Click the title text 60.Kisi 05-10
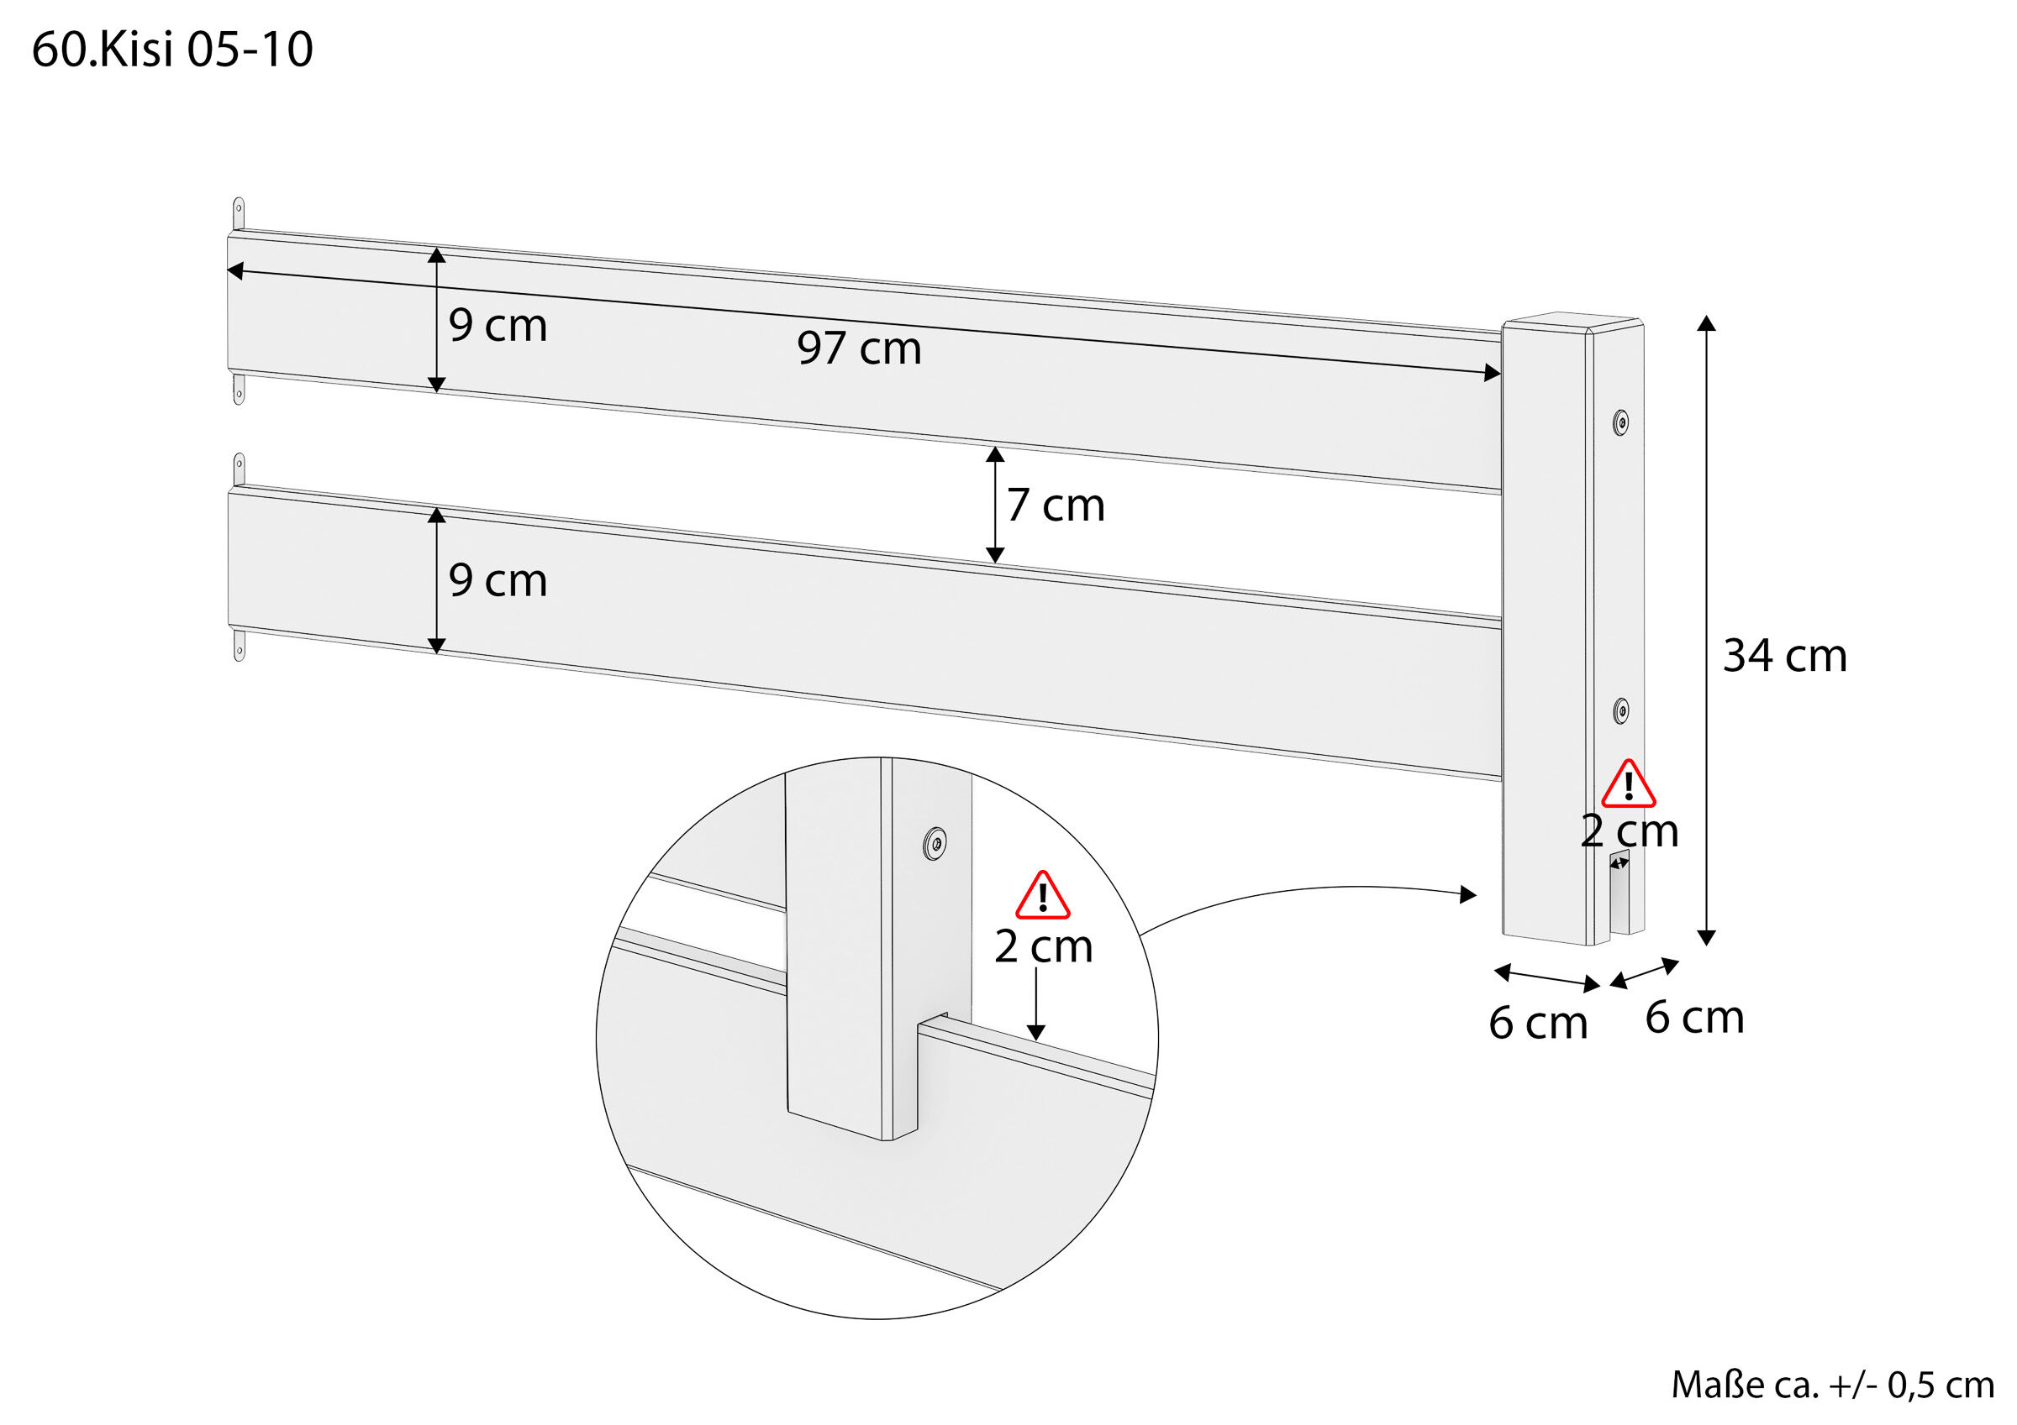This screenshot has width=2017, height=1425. click(172, 50)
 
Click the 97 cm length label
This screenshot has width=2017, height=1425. click(858, 348)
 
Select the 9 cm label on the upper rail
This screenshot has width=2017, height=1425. click(498, 326)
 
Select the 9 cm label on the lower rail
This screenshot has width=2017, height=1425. click(498, 580)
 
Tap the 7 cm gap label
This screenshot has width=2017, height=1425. click(1055, 506)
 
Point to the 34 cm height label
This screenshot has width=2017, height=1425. click(1784, 656)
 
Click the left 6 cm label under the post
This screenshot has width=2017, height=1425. click(1537, 1024)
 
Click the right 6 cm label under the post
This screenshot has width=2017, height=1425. click(1693, 1018)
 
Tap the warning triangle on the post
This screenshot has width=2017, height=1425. click(1628, 785)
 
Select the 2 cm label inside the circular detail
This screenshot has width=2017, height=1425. click(1043, 946)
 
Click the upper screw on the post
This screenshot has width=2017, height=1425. click(1621, 422)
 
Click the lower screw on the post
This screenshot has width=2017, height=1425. click(1621, 710)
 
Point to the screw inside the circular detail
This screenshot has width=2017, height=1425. click(935, 845)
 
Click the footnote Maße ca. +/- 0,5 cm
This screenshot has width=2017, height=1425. click(1831, 1385)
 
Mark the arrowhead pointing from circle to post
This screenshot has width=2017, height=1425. click(1468, 894)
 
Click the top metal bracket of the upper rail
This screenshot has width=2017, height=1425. click(238, 213)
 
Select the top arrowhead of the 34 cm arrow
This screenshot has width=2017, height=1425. click(1706, 323)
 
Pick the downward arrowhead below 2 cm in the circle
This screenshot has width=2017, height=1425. click(1035, 1033)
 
